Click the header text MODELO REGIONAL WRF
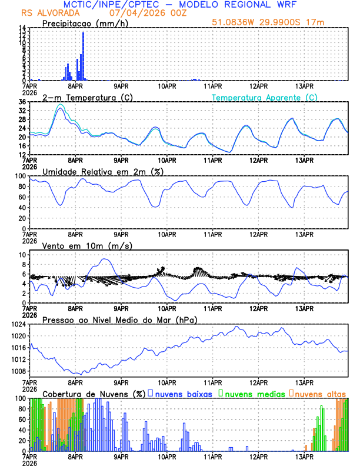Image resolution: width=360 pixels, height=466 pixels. point(249,5)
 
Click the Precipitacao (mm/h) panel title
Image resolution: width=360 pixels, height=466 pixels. point(84,23)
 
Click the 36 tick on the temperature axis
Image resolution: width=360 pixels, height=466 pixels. point(22,102)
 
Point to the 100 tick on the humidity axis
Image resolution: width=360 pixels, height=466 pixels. point(19,176)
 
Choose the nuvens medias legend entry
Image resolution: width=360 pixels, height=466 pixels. point(252,393)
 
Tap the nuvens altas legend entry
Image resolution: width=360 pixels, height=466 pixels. point(320,393)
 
